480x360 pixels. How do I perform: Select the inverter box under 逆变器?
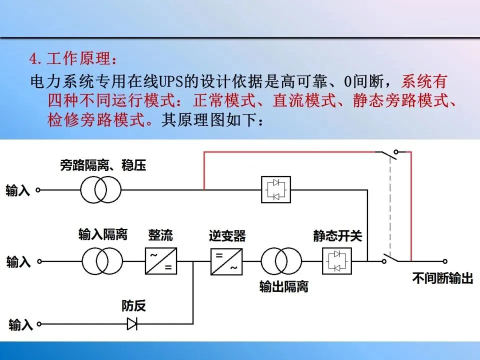[226, 261]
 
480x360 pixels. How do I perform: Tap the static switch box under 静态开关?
[336, 261]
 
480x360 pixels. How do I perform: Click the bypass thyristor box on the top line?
[276, 189]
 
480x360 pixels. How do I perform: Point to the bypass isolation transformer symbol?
[100, 189]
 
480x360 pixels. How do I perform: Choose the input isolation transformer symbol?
[101, 261]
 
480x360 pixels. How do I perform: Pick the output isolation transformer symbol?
[281, 261]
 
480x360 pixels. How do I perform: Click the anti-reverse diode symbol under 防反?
[132, 324]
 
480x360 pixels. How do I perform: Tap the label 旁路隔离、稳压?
[103, 165]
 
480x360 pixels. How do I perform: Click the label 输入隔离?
[102, 234]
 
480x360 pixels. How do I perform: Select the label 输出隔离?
[283, 286]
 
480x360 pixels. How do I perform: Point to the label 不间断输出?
[442, 278]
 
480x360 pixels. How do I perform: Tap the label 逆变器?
[227, 235]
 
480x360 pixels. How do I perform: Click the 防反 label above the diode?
[133, 305]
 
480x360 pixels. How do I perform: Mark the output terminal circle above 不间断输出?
[444, 261]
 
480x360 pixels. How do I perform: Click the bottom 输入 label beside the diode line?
[20, 325]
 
